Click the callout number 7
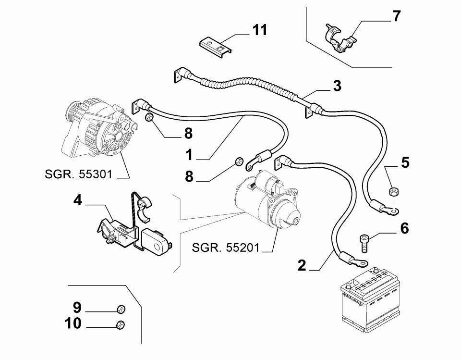[396, 16]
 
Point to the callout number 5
[405, 162]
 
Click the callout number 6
[404, 228]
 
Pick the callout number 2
[302, 265]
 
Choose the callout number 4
[78, 200]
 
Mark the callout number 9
[77, 308]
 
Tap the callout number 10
[73, 323]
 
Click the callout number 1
[189, 155]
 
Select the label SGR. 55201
[225, 248]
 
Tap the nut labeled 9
[121, 309]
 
